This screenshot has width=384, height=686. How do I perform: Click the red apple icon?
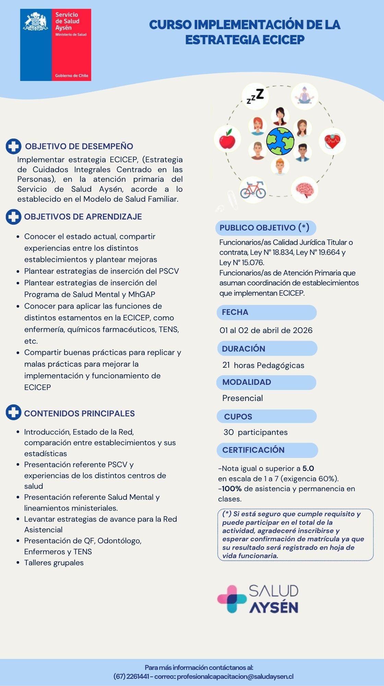pyautogui.click(x=227, y=140)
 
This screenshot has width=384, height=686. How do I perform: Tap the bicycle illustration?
pyautogui.click(x=253, y=190)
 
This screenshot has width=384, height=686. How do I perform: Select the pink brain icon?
pyautogui.click(x=304, y=190)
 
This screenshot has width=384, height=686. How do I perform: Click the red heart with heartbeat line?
pyautogui.click(x=332, y=141)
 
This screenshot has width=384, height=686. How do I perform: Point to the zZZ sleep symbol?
pyautogui.click(x=255, y=96)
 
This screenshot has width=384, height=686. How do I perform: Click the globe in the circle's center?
pyautogui.click(x=280, y=141)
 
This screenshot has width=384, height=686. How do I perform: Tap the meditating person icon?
pyautogui.click(x=304, y=96)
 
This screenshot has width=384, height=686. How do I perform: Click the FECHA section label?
pyautogui.click(x=235, y=312)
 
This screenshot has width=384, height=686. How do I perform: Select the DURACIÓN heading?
pyautogui.click(x=243, y=348)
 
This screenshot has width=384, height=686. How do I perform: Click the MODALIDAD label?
pyautogui.click(x=247, y=382)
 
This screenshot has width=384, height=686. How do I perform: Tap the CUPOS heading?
pyautogui.click(x=238, y=416)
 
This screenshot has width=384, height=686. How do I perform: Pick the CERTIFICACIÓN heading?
pyautogui.click(x=253, y=450)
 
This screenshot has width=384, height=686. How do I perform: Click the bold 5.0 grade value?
pyautogui.click(x=308, y=469)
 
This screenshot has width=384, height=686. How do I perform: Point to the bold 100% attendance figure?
pyautogui.click(x=232, y=489)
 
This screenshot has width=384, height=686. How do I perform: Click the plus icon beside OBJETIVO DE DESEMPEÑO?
pyautogui.click(x=13, y=146)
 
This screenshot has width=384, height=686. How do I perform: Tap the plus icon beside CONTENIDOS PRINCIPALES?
pyautogui.click(x=13, y=413)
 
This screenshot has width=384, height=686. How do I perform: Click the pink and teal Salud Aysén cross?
pyautogui.click(x=232, y=599)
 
